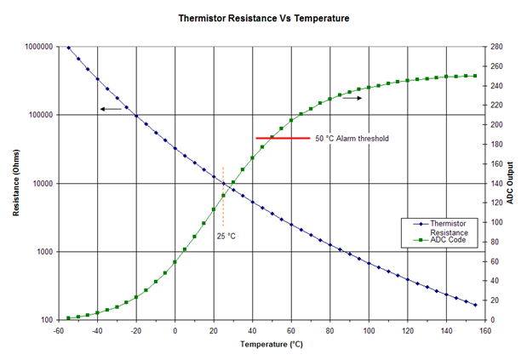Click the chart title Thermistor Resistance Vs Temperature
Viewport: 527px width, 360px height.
263,17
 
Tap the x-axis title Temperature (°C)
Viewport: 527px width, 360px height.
270,345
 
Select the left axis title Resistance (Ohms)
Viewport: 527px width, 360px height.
17,184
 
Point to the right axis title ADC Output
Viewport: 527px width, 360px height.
510,184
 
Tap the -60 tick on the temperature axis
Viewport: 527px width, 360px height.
59,330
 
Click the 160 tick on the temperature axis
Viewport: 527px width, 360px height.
485,330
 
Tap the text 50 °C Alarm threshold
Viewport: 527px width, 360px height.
352,138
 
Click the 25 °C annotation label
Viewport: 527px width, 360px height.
226,236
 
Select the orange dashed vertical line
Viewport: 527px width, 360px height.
223,196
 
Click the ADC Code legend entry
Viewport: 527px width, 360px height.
448,241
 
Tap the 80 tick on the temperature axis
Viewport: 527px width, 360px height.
329,330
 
